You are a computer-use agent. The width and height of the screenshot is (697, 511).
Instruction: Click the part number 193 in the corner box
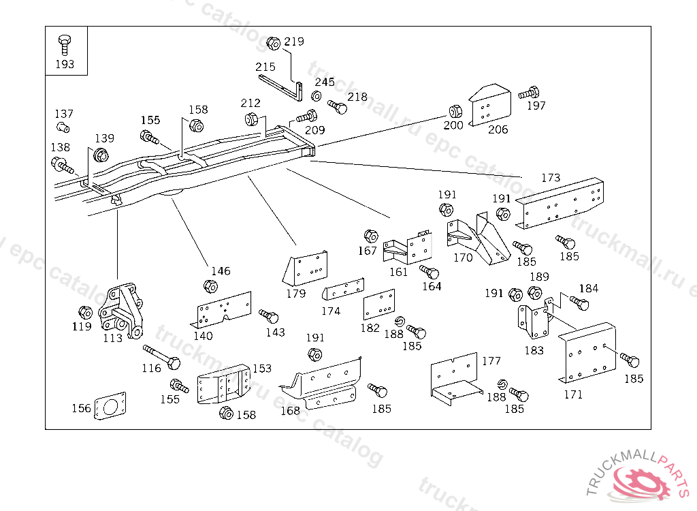(x=64, y=65)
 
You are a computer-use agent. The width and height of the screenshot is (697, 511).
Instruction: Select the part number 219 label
(x=294, y=42)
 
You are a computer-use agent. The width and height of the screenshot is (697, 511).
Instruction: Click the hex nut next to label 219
(x=274, y=43)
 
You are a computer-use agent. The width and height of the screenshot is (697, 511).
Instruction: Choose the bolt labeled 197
(x=529, y=93)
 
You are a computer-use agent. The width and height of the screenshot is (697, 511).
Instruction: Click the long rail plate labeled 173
(x=562, y=204)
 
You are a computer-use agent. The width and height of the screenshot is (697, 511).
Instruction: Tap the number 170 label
(x=463, y=258)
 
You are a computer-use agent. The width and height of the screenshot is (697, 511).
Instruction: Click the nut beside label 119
(x=85, y=313)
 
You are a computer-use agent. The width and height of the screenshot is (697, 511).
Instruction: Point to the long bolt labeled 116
(x=161, y=356)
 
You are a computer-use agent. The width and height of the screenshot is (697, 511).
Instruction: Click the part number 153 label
(x=262, y=369)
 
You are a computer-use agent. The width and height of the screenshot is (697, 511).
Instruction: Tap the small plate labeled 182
(x=379, y=305)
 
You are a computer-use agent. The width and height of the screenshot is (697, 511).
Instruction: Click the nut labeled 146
(x=211, y=286)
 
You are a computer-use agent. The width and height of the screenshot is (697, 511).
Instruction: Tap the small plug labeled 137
(x=63, y=127)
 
